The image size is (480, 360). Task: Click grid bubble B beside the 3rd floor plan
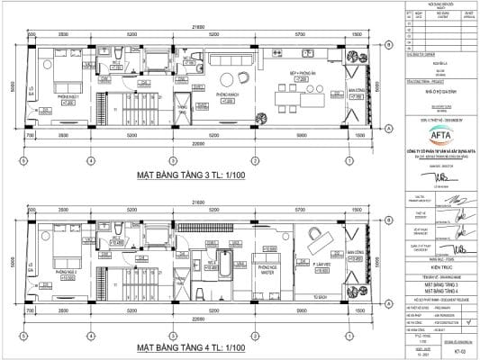[x=386, y=43]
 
